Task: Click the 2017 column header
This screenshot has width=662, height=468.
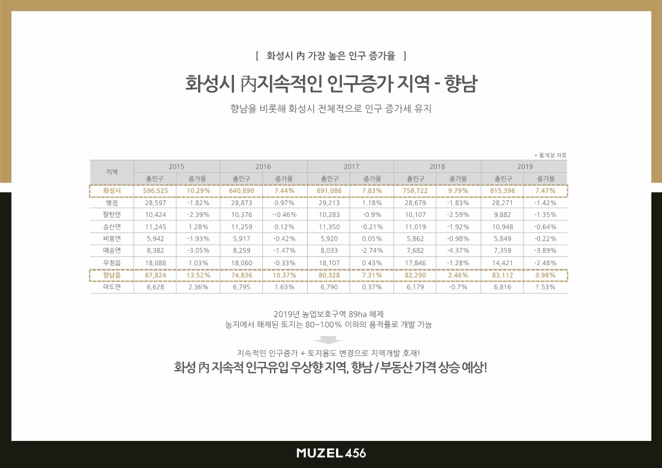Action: point(350,167)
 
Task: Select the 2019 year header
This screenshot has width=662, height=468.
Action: point(525,167)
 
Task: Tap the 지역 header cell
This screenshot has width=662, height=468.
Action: point(112,172)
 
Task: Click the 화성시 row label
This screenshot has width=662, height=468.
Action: point(112,191)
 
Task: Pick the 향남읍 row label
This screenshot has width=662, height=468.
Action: point(112,275)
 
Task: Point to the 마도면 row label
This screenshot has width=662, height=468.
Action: point(112,287)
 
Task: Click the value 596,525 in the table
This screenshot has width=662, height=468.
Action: point(156,191)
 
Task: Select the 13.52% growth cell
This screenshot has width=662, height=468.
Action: point(198,275)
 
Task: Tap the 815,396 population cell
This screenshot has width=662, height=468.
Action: point(502,191)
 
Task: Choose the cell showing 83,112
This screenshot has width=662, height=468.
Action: point(502,275)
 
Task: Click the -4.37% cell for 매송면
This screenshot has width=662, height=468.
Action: point(458,251)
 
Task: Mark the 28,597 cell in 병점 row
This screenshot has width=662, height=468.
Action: point(156,203)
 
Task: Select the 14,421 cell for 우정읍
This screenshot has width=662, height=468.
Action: point(502,263)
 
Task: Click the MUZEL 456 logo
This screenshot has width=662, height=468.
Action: point(331,453)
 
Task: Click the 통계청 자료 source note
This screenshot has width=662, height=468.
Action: point(551,155)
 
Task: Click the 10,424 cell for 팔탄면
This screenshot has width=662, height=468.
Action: point(156,215)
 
